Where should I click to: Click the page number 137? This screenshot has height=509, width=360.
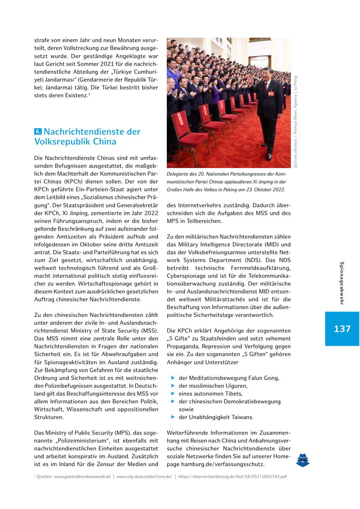pos(342,329)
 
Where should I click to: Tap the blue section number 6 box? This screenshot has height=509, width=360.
pos(38,132)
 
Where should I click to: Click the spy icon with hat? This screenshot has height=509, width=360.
pos(303,460)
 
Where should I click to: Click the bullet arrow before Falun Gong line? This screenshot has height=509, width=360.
pos(173,378)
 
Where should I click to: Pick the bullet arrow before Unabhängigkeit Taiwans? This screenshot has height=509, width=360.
pos(173,417)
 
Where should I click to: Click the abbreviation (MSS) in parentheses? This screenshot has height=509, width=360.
pos(149,331)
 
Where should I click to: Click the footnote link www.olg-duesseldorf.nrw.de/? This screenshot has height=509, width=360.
pos(144,477)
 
